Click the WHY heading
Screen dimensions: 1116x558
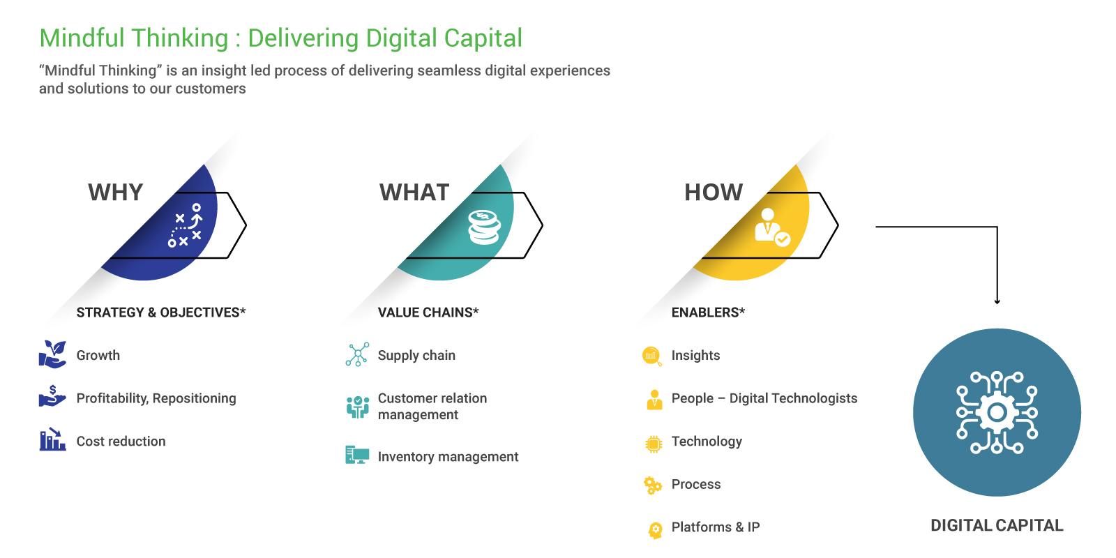click(x=116, y=193)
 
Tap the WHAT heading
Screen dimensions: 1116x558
click(x=414, y=193)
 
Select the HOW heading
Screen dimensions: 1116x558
click(x=714, y=193)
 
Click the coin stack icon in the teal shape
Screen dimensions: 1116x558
click(x=484, y=227)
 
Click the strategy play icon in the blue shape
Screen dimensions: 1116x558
click(x=185, y=225)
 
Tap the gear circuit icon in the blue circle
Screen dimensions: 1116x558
click(x=997, y=412)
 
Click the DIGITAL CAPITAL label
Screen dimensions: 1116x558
click(x=997, y=525)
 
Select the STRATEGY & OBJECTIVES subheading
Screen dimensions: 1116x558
click(x=161, y=312)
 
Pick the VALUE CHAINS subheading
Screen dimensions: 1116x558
click(x=428, y=312)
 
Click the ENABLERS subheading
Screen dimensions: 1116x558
click(x=708, y=312)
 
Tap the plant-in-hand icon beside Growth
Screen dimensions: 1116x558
click(x=53, y=354)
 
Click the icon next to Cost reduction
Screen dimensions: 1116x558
click(x=52, y=439)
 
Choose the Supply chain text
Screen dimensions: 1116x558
click(x=416, y=355)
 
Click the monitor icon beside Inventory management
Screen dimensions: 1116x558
click(x=357, y=455)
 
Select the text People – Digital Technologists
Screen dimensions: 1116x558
click(x=764, y=398)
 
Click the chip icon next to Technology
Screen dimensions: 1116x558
click(x=654, y=444)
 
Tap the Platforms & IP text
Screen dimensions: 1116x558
click(x=716, y=527)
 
